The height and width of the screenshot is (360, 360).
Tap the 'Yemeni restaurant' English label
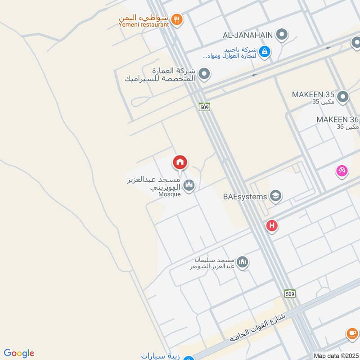[144, 25]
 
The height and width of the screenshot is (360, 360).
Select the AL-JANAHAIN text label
[248, 35]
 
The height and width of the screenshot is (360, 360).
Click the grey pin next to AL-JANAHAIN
[282, 34]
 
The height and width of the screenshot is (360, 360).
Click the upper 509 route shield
[204, 107]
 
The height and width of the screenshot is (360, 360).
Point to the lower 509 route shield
[290, 293]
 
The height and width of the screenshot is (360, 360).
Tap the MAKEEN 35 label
[313, 95]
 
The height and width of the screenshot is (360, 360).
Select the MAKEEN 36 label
[337, 120]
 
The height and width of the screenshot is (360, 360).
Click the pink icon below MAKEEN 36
[342, 171]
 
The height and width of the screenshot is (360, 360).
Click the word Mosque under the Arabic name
[170, 194]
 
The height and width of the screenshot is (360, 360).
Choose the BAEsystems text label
[245, 197]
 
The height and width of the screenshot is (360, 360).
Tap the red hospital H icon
[272, 225]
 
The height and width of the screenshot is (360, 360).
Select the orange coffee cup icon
[352, 334]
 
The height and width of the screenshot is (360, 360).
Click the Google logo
[19, 353]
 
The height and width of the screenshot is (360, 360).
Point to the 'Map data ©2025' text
[336, 356]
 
